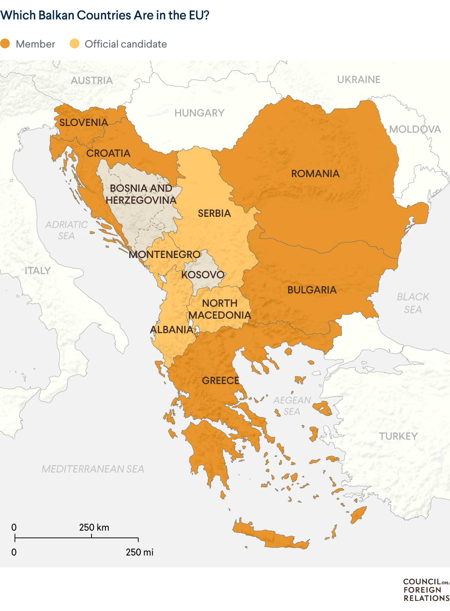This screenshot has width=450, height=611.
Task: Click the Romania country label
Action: point(315,174)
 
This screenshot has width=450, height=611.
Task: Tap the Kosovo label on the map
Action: point(203,275)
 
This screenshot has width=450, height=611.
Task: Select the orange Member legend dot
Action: point(5,44)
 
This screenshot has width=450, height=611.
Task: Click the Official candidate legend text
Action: point(126,44)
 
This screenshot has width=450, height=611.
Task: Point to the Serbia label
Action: point(214,213)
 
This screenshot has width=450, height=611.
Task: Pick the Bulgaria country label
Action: point(312,290)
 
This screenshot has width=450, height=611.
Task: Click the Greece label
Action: point(220,381)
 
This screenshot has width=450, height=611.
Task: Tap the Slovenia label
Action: point(84,123)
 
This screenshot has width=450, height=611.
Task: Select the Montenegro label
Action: point(165,255)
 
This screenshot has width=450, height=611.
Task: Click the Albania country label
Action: point(171,330)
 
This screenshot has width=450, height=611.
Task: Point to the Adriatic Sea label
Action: point(66,230)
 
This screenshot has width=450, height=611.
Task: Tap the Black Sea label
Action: point(413,303)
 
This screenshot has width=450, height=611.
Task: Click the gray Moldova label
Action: point(415,129)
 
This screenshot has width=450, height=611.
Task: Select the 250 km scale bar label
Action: point(94,527)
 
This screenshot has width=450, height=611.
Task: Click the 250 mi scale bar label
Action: point(139,552)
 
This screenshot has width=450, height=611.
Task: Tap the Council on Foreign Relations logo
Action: point(426,590)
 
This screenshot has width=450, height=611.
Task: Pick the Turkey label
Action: point(398,436)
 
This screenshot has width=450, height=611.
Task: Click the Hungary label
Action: point(199,113)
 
